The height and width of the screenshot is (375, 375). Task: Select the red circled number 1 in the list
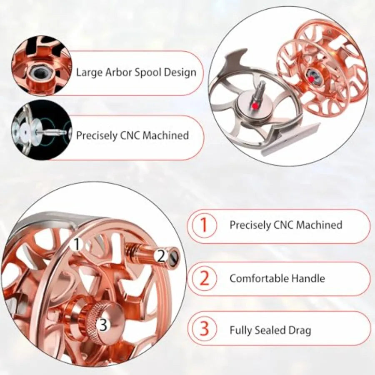click(203, 225)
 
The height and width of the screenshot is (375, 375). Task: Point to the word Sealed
click(270, 330)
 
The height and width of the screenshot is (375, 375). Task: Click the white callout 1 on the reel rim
click(77, 244)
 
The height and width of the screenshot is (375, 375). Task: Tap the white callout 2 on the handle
click(161, 256)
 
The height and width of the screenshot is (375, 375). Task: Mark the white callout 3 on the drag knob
click(103, 325)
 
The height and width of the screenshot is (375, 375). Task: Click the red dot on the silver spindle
click(256, 105)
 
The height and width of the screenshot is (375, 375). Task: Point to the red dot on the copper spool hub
click(311, 80)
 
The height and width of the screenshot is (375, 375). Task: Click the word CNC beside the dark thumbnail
click(130, 135)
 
